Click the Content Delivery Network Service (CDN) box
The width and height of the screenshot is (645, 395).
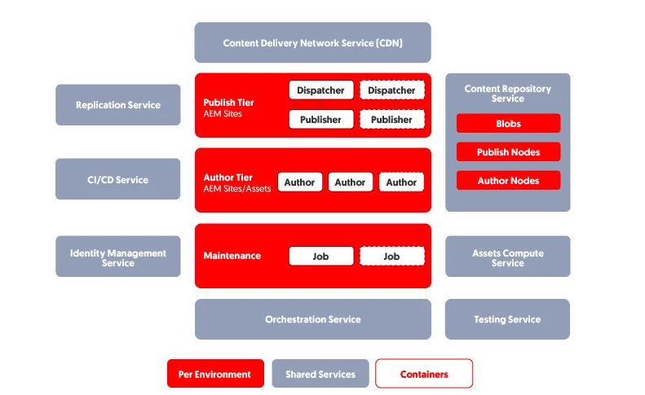click(312, 43)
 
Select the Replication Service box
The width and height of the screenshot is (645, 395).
click(118, 105)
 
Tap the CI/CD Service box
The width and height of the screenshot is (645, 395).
click(118, 179)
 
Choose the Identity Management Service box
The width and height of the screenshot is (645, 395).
click(118, 257)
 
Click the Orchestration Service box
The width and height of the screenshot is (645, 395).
click(312, 319)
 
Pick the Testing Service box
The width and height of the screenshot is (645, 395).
click(507, 319)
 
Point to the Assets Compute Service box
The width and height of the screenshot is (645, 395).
click(507, 257)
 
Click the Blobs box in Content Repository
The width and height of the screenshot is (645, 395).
click(508, 124)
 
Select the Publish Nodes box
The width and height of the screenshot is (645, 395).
click(508, 151)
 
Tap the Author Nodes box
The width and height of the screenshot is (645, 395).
click(508, 180)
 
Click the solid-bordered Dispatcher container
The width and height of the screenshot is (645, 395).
click(321, 90)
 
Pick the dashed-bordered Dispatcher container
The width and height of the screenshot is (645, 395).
click(392, 90)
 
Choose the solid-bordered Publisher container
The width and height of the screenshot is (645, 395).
click(321, 119)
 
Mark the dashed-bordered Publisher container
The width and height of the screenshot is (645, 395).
click(392, 119)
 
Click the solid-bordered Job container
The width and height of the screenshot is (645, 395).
click(321, 256)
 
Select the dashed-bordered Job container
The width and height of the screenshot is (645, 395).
click(392, 256)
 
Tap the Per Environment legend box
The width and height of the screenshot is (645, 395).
click(216, 374)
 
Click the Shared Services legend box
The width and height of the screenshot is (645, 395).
click(320, 374)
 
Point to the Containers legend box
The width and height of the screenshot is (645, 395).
click(424, 374)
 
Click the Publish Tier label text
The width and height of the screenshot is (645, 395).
click(229, 103)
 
